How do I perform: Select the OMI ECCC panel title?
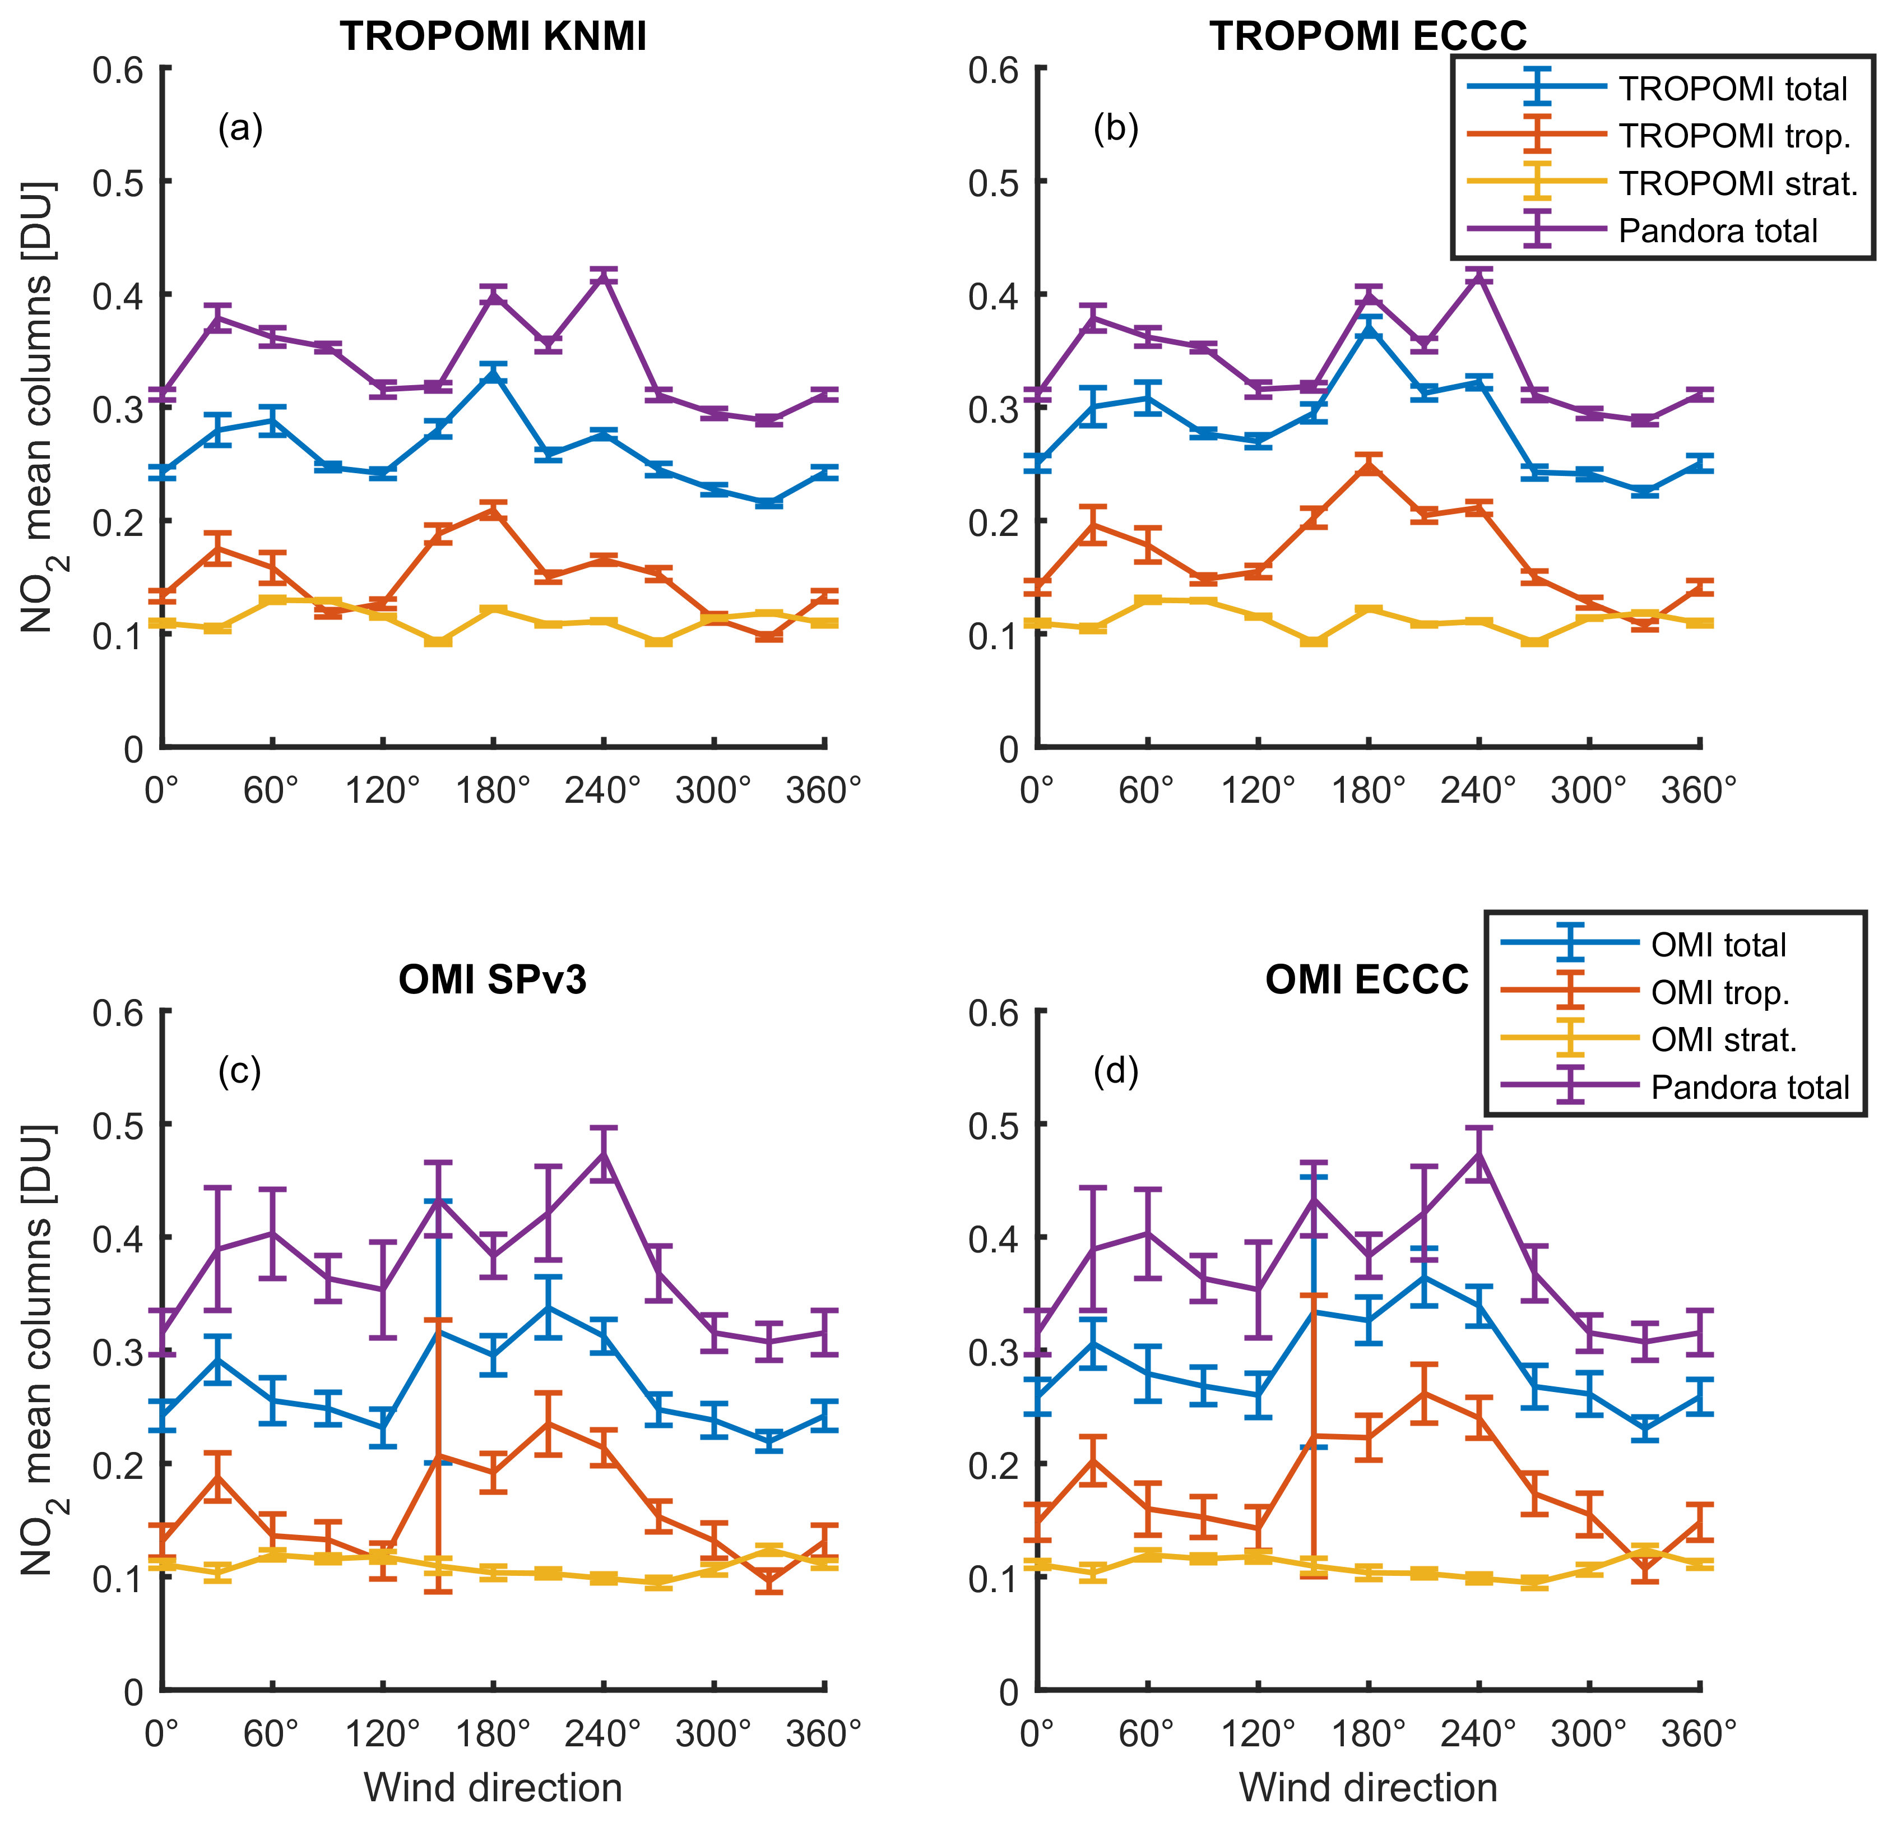point(1367,981)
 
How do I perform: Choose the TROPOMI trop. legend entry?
point(1734,136)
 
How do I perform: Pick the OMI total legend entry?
point(1718,945)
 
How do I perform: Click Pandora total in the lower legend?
point(1750,1087)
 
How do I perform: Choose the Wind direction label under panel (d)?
point(1367,1787)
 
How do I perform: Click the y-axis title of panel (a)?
point(39,406)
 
